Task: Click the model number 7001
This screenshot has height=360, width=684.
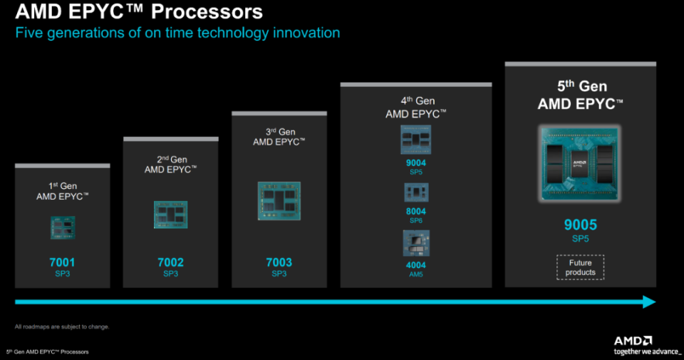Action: point(62,262)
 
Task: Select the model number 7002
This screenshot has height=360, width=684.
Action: point(170,262)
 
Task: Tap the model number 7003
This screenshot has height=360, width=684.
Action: point(279,262)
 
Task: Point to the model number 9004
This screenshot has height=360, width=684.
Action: point(416,163)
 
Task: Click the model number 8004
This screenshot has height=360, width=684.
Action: point(416,211)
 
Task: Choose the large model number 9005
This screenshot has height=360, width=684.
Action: point(580,225)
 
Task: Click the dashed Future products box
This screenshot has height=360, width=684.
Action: point(580,267)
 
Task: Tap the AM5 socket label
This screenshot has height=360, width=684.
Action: point(416,273)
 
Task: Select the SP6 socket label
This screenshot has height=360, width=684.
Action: point(416,221)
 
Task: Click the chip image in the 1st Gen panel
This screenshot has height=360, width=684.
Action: point(62,227)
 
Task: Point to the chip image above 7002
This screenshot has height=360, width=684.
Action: point(170,215)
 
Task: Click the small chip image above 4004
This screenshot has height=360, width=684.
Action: point(416,242)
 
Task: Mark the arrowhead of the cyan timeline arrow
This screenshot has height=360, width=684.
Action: point(648,302)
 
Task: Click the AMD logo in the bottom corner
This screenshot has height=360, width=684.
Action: point(633,341)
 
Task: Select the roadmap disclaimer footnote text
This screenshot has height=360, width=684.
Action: point(62,326)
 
